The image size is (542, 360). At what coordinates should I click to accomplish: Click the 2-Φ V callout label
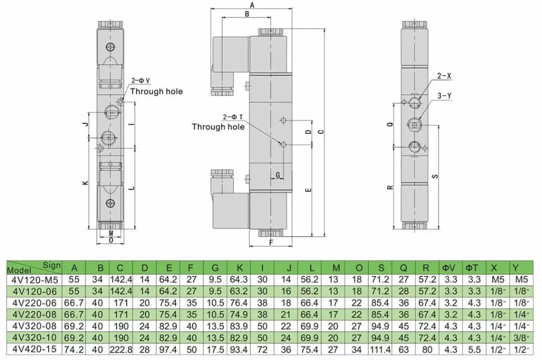click(x=141, y=80)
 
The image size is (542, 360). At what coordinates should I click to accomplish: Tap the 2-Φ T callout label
click(x=233, y=117)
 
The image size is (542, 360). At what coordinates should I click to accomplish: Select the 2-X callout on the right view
click(x=444, y=76)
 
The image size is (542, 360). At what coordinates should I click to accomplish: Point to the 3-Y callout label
click(x=444, y=96)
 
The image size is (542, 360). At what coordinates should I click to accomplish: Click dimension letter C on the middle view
click(x=321, y=131)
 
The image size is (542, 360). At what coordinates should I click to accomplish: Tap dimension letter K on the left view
click(x=85, y=183)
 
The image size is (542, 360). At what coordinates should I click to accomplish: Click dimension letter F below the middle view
click(x=271, y=243)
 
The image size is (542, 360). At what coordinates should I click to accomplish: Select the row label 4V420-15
click(x=34, y=349)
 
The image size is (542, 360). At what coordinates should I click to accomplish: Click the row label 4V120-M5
click(x=34, y=280)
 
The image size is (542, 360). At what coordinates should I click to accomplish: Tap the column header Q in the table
click(x=403, y=268)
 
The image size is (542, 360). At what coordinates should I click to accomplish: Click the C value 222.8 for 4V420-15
click(x=121, y=349)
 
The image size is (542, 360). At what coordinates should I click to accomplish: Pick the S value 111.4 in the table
click(x=380, y=349)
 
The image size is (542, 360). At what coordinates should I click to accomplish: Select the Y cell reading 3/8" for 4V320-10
click(x=520, y=338)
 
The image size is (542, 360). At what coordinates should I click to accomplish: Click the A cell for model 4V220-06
click(x=74, y=303)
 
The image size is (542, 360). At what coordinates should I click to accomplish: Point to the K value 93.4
click(x=239, y=349)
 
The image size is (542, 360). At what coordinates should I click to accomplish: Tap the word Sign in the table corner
click(x=51, y=266)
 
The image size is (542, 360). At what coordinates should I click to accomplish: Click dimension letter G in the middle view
click(x=277, y=175)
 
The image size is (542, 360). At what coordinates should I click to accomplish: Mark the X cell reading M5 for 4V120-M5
click(x=498, y=280)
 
